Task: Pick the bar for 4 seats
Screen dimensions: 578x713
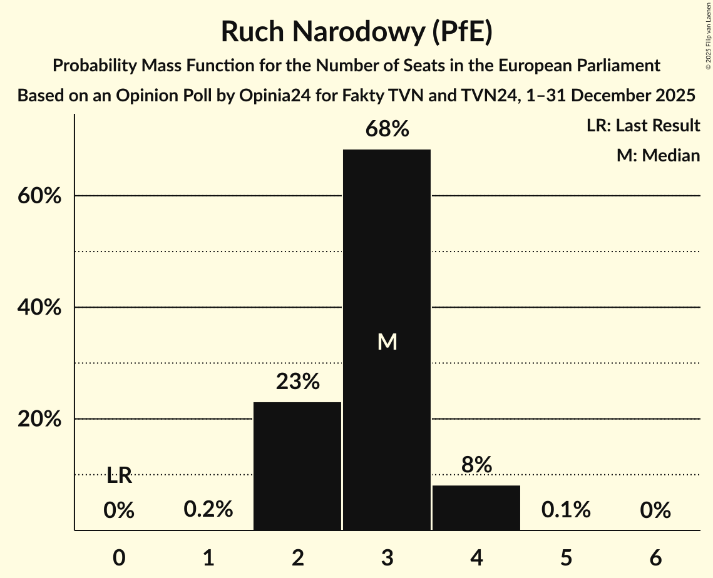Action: click(x=476, y=508)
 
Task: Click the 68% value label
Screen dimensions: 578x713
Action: click(x=387, y=130)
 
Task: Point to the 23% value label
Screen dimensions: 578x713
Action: click(x=298, y=382)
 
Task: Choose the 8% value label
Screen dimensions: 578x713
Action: click(x=476, y=465)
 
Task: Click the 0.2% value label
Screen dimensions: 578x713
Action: click(x=208, y=510)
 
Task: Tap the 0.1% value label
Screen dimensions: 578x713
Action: click(x=566, y=510)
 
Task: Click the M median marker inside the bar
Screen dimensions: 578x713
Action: click(x=387, y=342)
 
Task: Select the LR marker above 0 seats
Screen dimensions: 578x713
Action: click(x=119, y=476)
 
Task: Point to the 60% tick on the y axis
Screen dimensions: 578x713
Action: click(x=39, y=196)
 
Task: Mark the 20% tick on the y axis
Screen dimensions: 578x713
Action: click(x=39, y=419)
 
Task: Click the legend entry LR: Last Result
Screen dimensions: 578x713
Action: click(x=643, y=126)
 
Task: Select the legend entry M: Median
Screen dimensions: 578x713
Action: click(x=658, y=155)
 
